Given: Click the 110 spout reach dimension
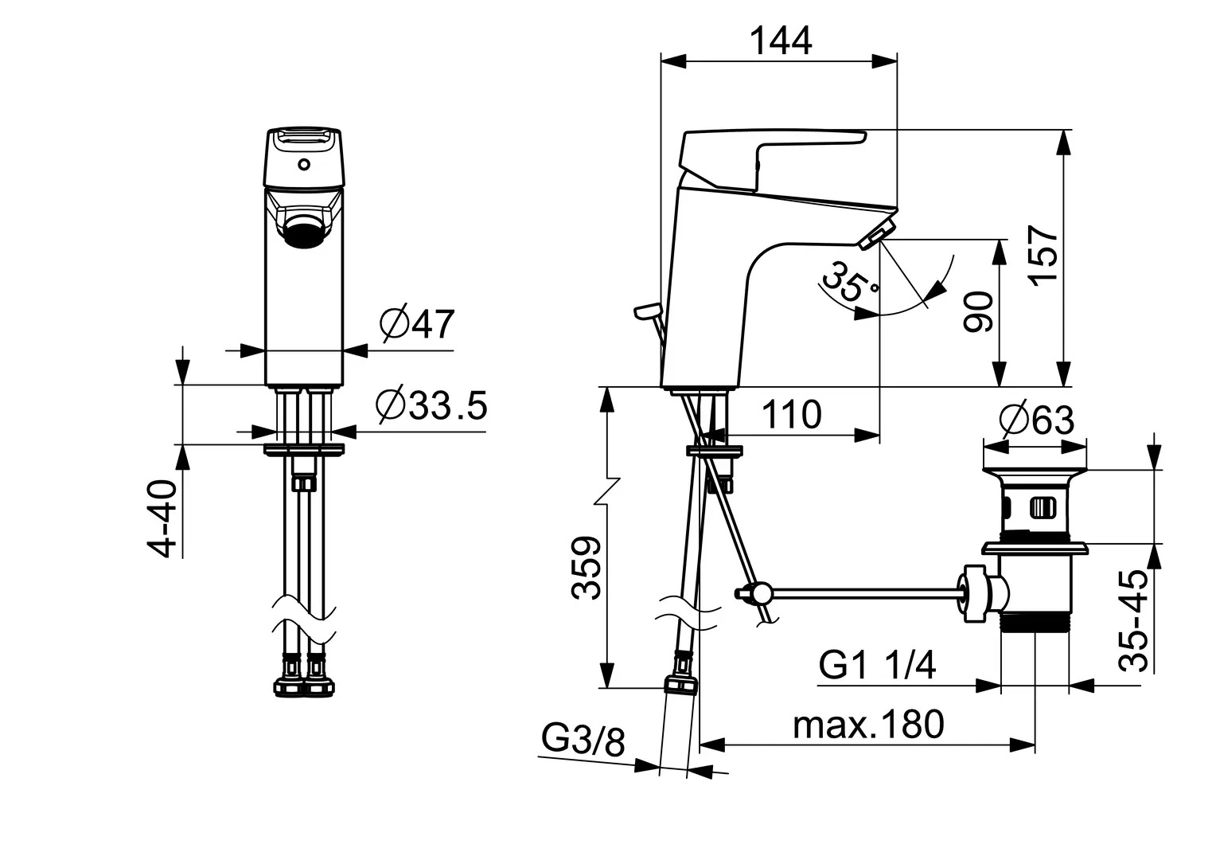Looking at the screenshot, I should click(791, 415).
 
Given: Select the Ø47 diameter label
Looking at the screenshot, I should click(416, 324).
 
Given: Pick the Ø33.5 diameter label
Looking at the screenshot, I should click(431, 406).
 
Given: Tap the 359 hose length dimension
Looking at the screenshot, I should click(587, 568).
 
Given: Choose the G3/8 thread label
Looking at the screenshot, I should click(583, 741).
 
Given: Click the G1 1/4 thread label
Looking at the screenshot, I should click(877, 664).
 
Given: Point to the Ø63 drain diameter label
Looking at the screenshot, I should click(1037, 420).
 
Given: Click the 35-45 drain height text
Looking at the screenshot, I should click(1134, 621).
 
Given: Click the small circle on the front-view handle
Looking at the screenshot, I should click(302, 166).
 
